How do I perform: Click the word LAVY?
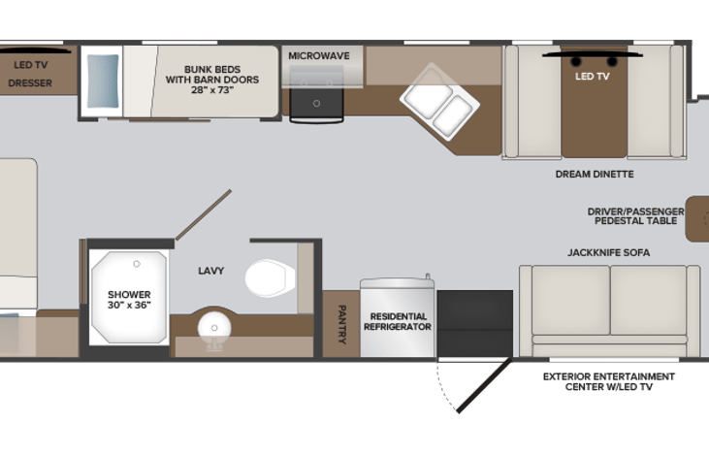210,271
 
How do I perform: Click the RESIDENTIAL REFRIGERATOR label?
397,322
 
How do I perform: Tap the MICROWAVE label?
318,55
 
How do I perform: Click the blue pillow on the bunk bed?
103,80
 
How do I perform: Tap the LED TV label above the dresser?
30,66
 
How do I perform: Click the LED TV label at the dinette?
593,75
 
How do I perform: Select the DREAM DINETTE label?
595,174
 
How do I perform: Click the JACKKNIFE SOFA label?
608,252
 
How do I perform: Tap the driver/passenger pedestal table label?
635,215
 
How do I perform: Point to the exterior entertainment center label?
608,381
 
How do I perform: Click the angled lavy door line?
203,215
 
